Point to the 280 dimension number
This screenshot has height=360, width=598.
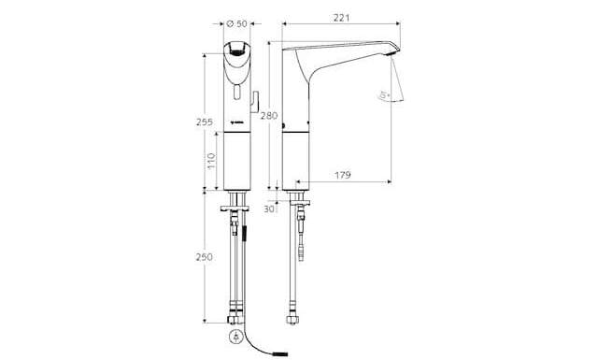pyautogui.click(x=270, y=116)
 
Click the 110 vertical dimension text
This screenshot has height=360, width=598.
pyautogui.click(x=210, y=160)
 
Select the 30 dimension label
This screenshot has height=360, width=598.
pyautogui.click(x=270, y=209)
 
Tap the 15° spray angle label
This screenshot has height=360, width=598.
pyautogui.click(x=383, y=94)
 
